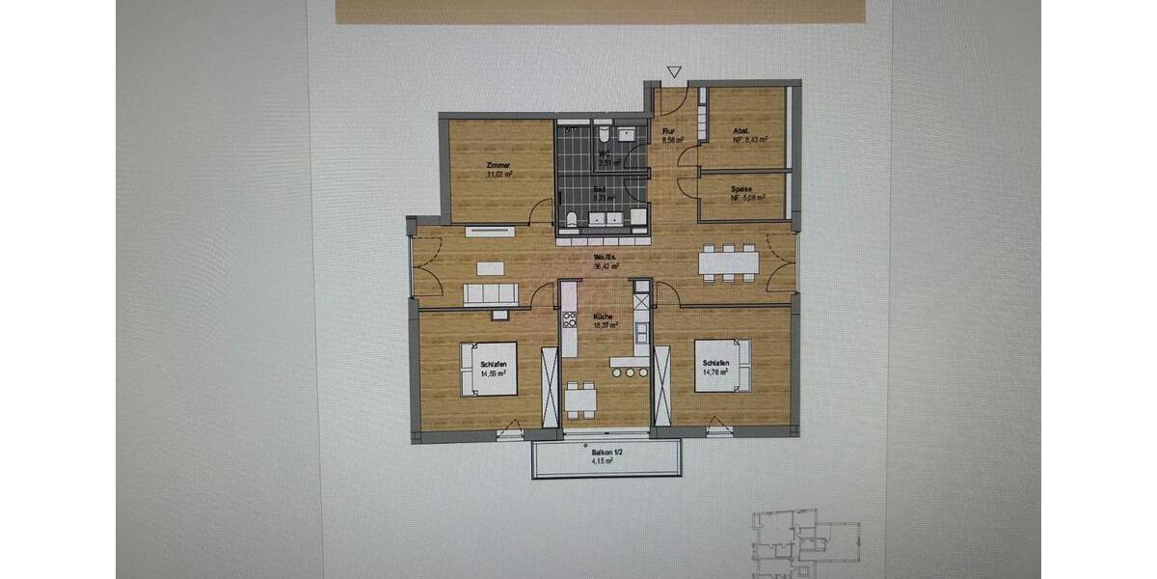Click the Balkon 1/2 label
tap(605, 455)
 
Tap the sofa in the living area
tap(491, 293)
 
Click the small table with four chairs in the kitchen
tap(579, 397)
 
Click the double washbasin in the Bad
tap(605, 219)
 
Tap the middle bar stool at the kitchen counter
tap(629, 372)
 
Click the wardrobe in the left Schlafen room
tap(550, 385)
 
